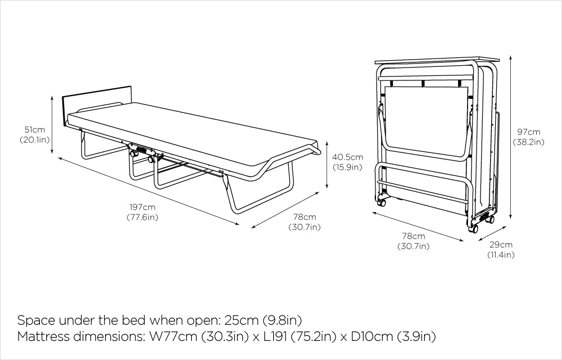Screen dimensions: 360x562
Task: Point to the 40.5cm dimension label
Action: tap(347, 157)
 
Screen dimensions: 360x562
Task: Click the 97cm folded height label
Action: tap(528, 132)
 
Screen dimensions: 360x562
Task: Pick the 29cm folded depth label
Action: tap(501, 245)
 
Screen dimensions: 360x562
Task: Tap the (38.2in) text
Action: tap(528, 142)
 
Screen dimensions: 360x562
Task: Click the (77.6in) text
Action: tap(142, 218)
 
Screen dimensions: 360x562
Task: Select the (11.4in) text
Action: tap(501, 255)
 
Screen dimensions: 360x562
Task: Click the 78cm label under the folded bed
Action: tap(414, 236)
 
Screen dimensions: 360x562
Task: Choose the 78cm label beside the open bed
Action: tap(305, 217)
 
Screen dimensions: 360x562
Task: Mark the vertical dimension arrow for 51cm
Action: tap(52, 124)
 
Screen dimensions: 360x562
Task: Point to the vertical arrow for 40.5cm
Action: tap(328, 164)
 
